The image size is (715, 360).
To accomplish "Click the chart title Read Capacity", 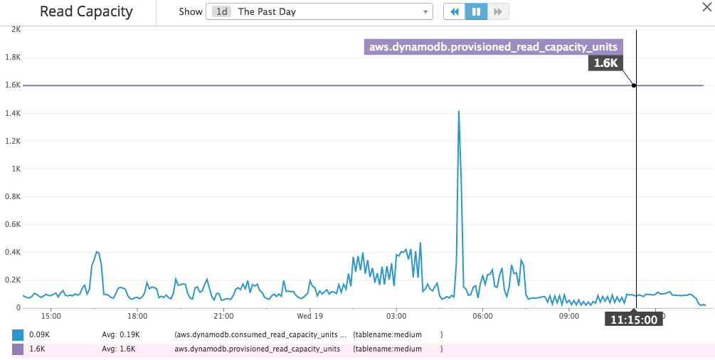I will [86, 12].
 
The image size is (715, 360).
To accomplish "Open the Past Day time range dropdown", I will [319, 12].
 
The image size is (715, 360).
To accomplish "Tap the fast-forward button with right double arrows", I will [498, 12].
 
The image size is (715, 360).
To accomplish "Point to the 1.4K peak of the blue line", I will [459, 112].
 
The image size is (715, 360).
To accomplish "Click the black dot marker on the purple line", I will [634, 85].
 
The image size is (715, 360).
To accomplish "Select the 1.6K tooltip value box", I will [606, 63].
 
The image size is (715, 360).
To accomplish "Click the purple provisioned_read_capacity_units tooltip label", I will [493, 47].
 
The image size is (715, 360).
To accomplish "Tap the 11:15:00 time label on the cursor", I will [634, 319].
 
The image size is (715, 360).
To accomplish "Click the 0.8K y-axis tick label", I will [14, 197].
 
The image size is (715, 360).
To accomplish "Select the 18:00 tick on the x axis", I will [137, 315].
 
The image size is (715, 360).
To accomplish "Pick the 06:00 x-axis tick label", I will [482, 315].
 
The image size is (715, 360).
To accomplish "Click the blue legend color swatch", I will [18, 334].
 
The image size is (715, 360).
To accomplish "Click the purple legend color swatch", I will [18, 349].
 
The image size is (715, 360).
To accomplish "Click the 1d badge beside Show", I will [222, 12].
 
